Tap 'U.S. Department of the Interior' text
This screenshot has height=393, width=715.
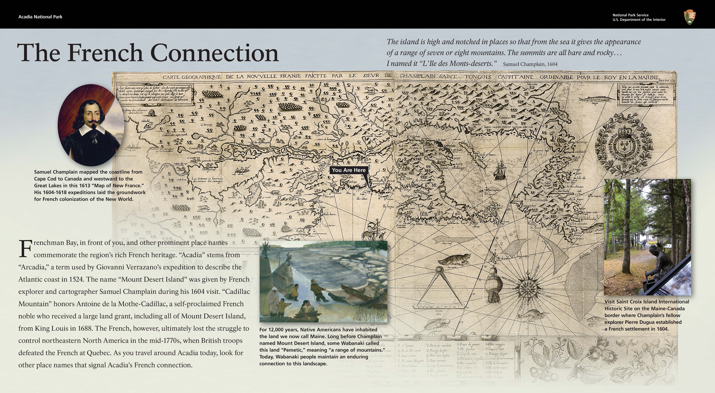click(639, 20)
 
